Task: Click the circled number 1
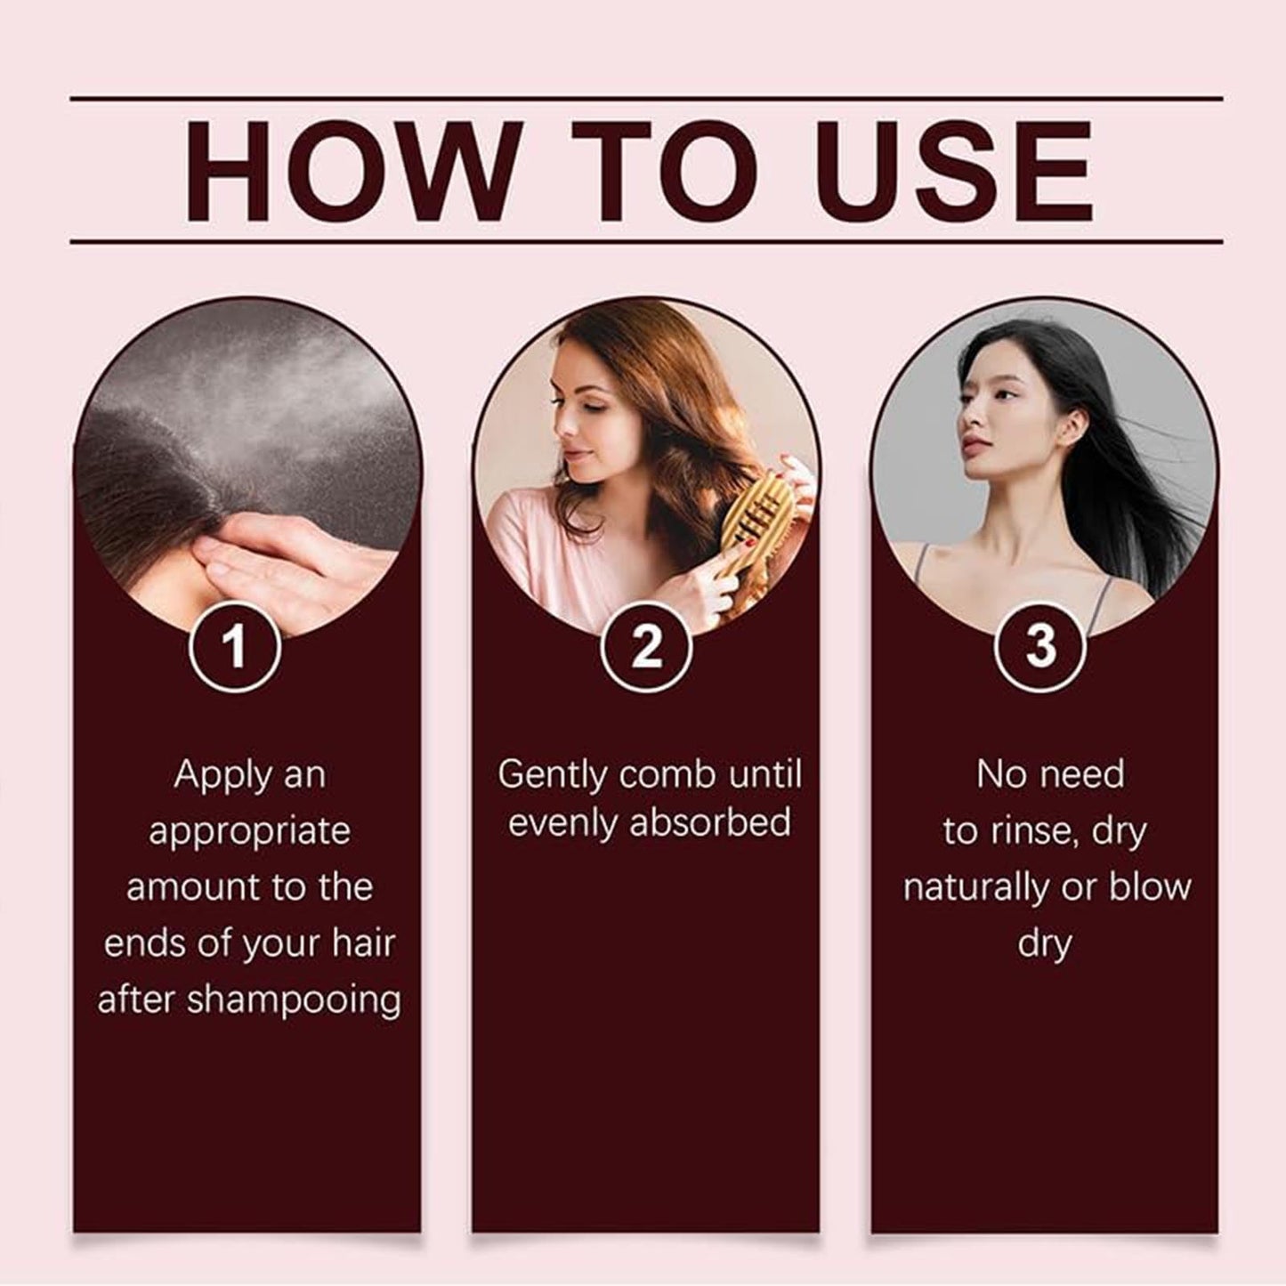234,645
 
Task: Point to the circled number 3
1039,645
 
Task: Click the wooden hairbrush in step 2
754,534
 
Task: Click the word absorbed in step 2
709,823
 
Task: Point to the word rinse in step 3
1030,832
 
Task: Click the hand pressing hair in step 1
287,561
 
